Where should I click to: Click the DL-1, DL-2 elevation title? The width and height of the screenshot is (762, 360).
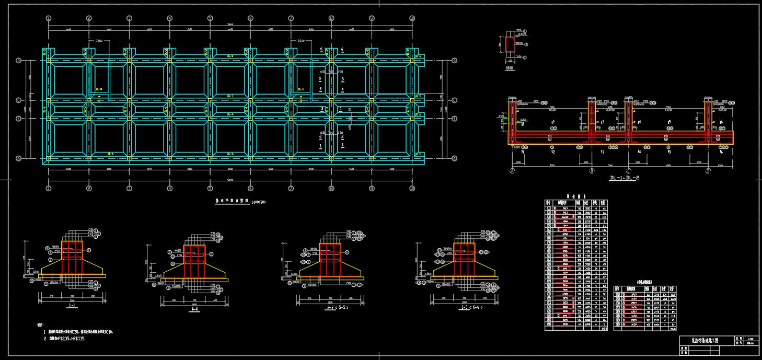[x=624, y=178]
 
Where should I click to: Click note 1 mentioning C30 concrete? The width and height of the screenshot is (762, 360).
[x=81, y=332]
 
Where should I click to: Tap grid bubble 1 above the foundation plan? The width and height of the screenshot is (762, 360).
[x=49, y=18]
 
